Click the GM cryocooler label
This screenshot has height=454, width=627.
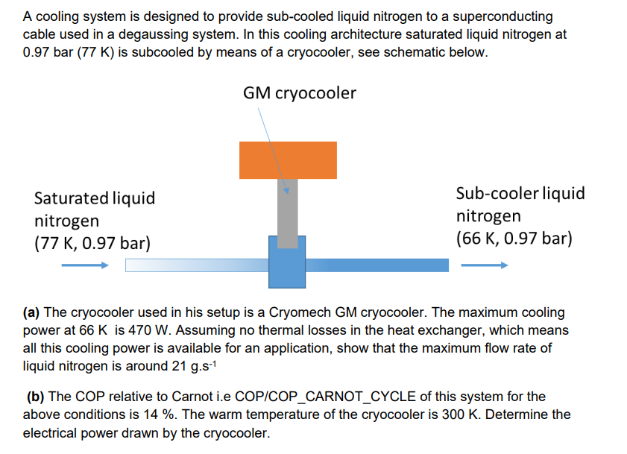(x=299, y=93)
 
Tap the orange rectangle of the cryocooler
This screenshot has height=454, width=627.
(x=287, y=160)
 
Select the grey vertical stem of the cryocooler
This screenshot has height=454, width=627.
(x=287, y=212)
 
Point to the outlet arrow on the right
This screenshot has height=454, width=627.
(x=484, y=265)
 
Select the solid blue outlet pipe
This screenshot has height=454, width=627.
(x=377, y=265)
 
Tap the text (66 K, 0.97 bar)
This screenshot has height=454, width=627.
(x=514, y=239)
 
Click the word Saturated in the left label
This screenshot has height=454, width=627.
(x=70, y=198)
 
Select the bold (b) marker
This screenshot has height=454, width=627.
(x=35, y=397)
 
